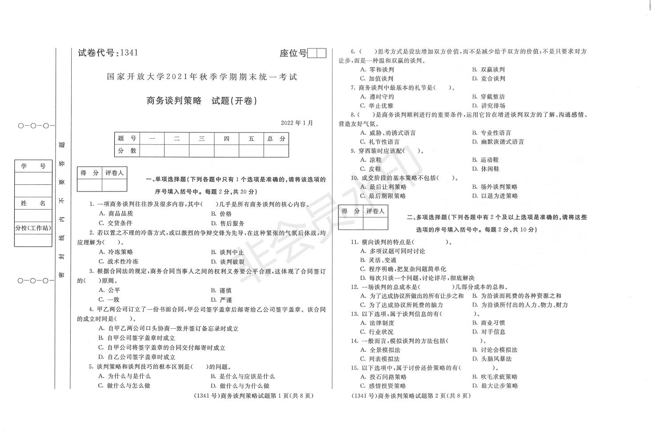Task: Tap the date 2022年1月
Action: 297,123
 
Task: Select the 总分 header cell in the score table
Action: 276,139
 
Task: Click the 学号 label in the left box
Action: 33,166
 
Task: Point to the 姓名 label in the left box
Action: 33,203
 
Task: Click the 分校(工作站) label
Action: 33,228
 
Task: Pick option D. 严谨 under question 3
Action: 221,300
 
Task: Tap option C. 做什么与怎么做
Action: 124,386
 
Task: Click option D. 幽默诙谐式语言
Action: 498,142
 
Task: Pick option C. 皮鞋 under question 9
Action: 371,169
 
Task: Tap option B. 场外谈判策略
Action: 495,187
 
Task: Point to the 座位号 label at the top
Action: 293,53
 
